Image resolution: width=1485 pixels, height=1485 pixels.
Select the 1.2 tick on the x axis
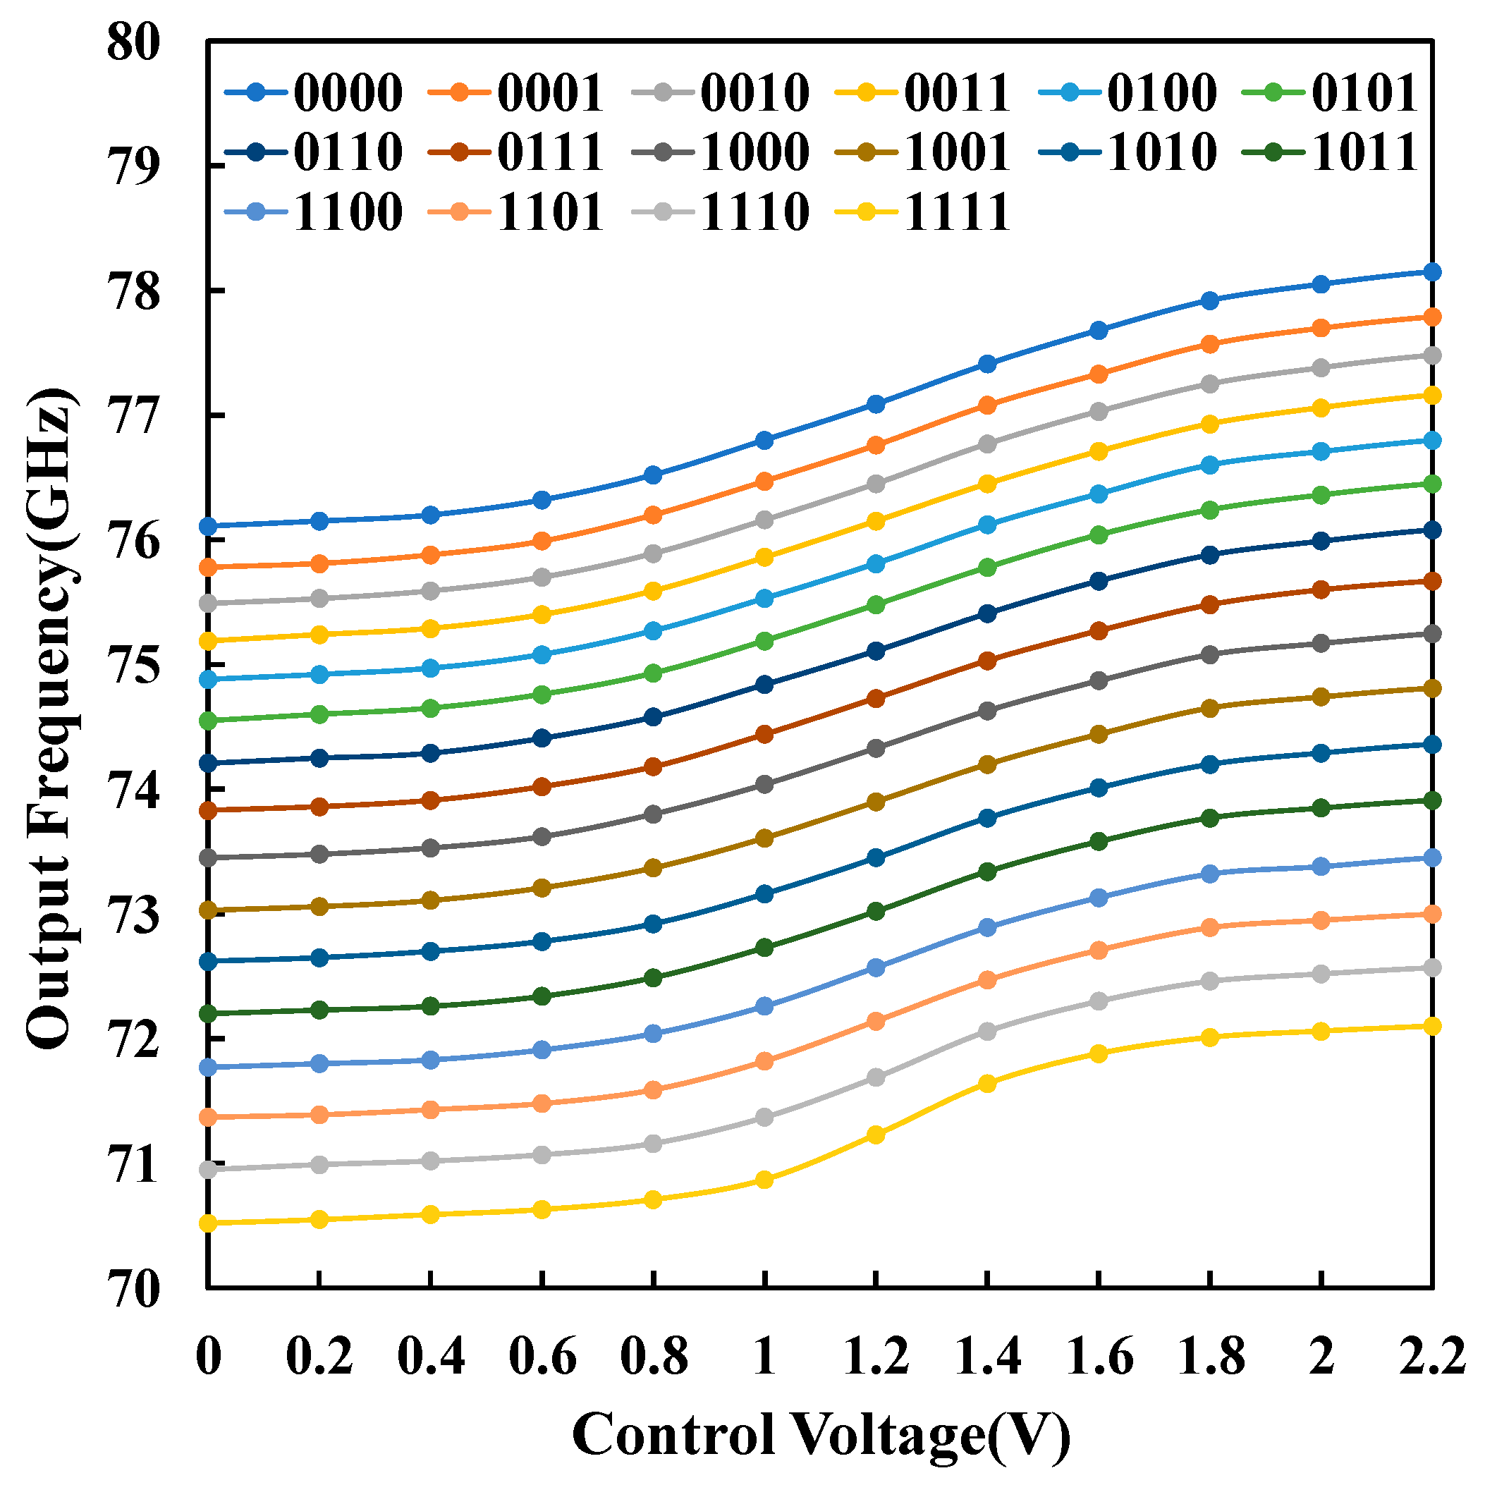click(876, 1358)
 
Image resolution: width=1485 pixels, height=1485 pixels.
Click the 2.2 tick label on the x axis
click(1431, 1358)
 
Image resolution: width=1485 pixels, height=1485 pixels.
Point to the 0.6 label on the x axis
click(542, 1358)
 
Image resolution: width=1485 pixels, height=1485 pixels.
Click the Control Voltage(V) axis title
click(820, 1435)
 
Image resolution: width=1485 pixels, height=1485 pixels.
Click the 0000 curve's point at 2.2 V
click(1432, 272)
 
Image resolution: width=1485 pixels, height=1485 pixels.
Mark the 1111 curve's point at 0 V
click(208, 1223)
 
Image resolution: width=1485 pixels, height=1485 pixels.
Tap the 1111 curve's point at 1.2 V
click(876, 1135)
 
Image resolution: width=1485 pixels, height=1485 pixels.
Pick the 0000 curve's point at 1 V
click(764, 441)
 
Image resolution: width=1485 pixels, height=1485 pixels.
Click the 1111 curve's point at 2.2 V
click(1432, 1026)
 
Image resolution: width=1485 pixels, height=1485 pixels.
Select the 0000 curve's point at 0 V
click(208, 526)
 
